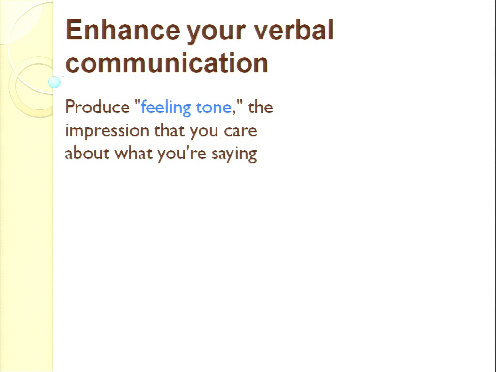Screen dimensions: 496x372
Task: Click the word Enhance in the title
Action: pyautogui.click(x=123, y=30)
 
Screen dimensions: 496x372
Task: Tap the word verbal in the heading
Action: pyautogui.click(x=294, y=30)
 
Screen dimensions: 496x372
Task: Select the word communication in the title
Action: pyautogui.click(x=167, y=63)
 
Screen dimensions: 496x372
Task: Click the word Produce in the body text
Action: pyautogui.click(x=97, y=107)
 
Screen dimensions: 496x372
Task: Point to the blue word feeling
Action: pyautogui.click(x=166, y=108)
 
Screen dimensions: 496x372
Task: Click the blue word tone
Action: pyautogui.click(x=214, y=108)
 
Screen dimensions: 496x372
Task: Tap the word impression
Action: pyautogui.click(x=107, y=131)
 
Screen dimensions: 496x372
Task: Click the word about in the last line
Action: pyautogui.click(x=87, y=153)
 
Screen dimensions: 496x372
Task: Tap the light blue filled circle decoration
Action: pyautogui.click(x=54, y=82)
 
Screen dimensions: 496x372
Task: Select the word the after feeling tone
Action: pyautogui.click(x=261, y=107)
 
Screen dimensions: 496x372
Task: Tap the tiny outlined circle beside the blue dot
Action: pyautogui.click(x=63, y=75)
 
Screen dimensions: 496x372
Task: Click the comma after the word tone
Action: pyautogui.click(x=234, y=112)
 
